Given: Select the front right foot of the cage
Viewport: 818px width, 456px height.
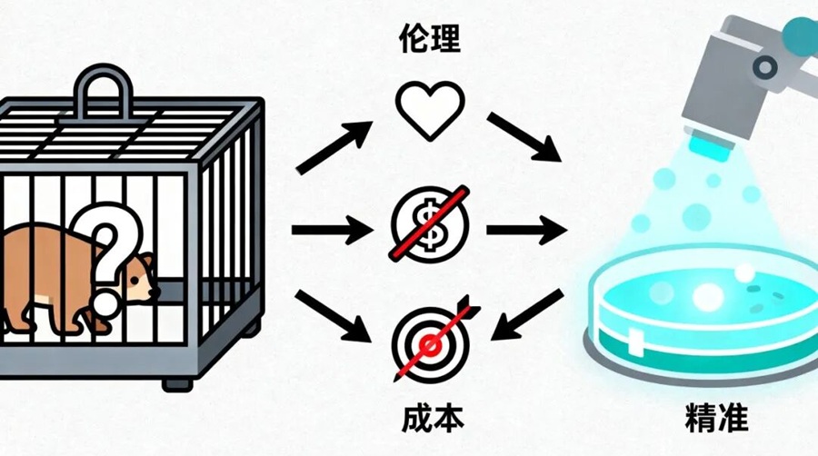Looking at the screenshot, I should coord(176,381).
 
